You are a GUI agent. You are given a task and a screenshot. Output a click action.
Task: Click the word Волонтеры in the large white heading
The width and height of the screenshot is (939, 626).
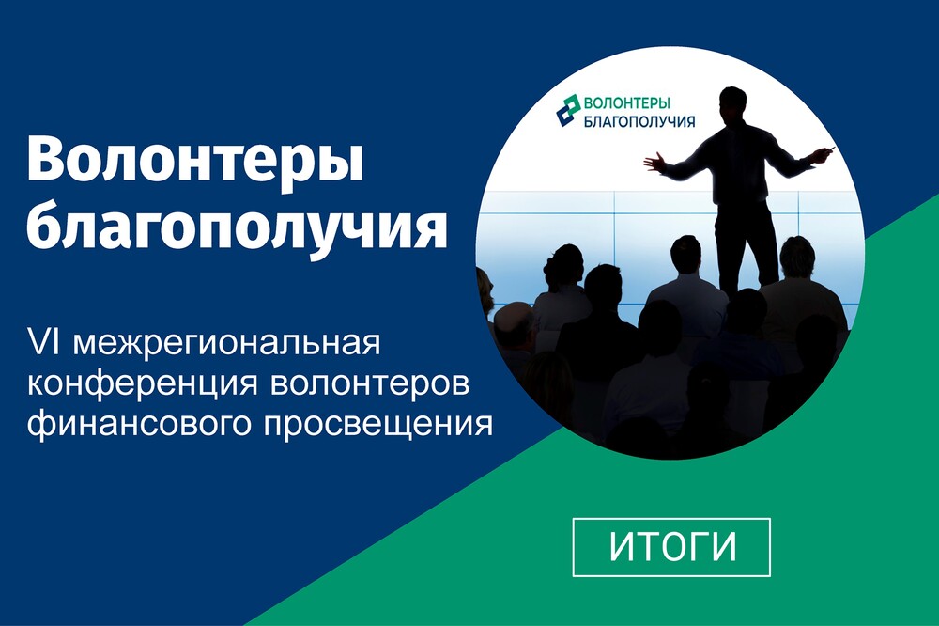click(x=195, y=160)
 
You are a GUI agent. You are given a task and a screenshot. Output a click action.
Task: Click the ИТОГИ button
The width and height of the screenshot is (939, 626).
click(x=671, y=547)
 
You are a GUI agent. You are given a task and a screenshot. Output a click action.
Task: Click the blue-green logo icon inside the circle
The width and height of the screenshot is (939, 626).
click(x=568, y=110)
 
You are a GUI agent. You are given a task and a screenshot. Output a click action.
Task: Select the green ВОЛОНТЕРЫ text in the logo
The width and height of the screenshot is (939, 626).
click(x=627, y=103)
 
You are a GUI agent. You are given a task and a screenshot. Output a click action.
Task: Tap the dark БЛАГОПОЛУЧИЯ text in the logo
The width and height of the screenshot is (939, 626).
click(x=639, y=121)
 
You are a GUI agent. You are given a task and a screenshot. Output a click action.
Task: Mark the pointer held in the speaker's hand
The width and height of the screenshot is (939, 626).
click(x=829, y=149)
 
